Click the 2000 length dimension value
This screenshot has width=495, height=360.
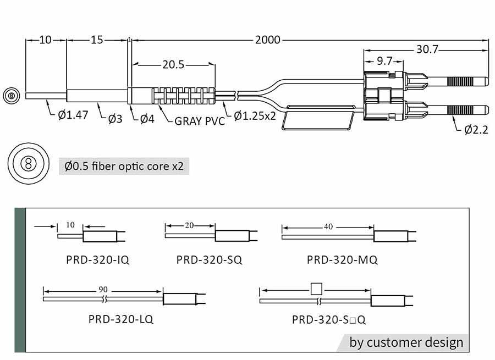267,40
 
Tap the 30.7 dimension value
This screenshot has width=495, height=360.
427,49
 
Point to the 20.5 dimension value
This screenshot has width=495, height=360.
173,65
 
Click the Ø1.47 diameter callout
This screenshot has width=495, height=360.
73,116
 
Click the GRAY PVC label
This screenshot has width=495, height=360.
200,121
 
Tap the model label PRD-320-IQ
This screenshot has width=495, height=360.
98,259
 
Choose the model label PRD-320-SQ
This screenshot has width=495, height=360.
209,259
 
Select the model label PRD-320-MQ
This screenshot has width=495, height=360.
342,259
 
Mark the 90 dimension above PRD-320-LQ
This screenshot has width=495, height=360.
103,289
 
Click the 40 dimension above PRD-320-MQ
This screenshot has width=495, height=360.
328,226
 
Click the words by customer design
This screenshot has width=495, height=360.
406,342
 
